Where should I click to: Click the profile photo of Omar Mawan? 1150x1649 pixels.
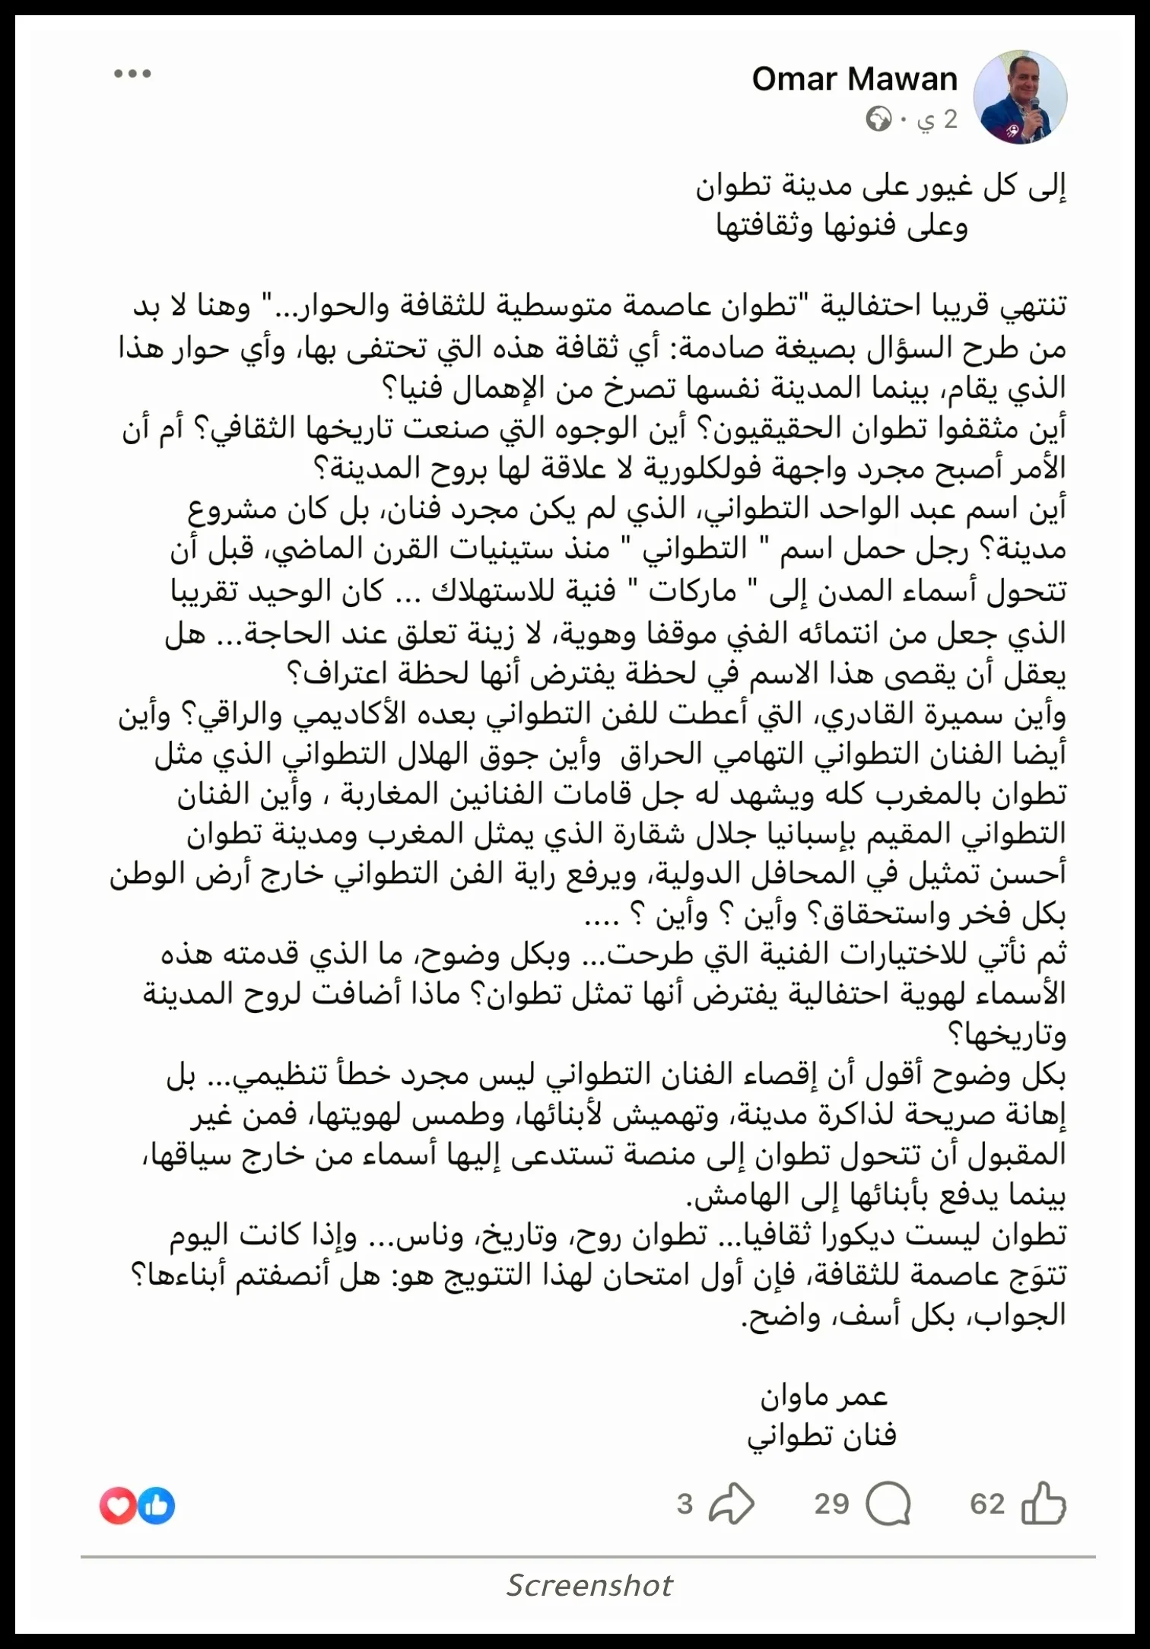[1020, 97]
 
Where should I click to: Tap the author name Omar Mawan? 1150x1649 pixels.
[854, 79]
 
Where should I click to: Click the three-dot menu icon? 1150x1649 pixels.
[132, 74]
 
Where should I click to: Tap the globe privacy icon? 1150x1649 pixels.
[878, 119]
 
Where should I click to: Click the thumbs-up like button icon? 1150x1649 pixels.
[1043, 1504]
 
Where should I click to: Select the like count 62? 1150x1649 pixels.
[987, 1504]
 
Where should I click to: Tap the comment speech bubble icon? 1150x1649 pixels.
[888, 1504]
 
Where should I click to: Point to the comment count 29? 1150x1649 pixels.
[831, 1504]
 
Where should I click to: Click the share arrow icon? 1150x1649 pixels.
[731, 1504]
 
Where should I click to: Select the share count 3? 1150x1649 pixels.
[685, 1504]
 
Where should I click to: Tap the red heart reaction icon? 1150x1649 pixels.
[118, 1506]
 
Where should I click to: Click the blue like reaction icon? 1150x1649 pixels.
[157, 1506]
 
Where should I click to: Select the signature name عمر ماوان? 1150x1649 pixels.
[824, 1396]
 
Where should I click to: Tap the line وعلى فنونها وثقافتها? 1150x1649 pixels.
[842, 226]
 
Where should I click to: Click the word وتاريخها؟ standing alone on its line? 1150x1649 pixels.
[1005, 1034]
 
